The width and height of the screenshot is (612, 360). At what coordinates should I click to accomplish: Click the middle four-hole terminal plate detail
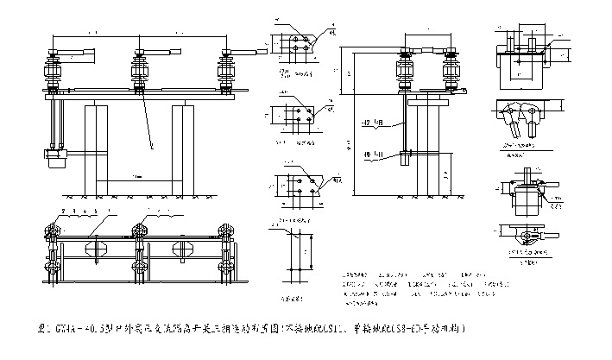tap(299, 116)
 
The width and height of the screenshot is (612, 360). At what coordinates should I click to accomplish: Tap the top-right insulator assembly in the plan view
tap(228, 230)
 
